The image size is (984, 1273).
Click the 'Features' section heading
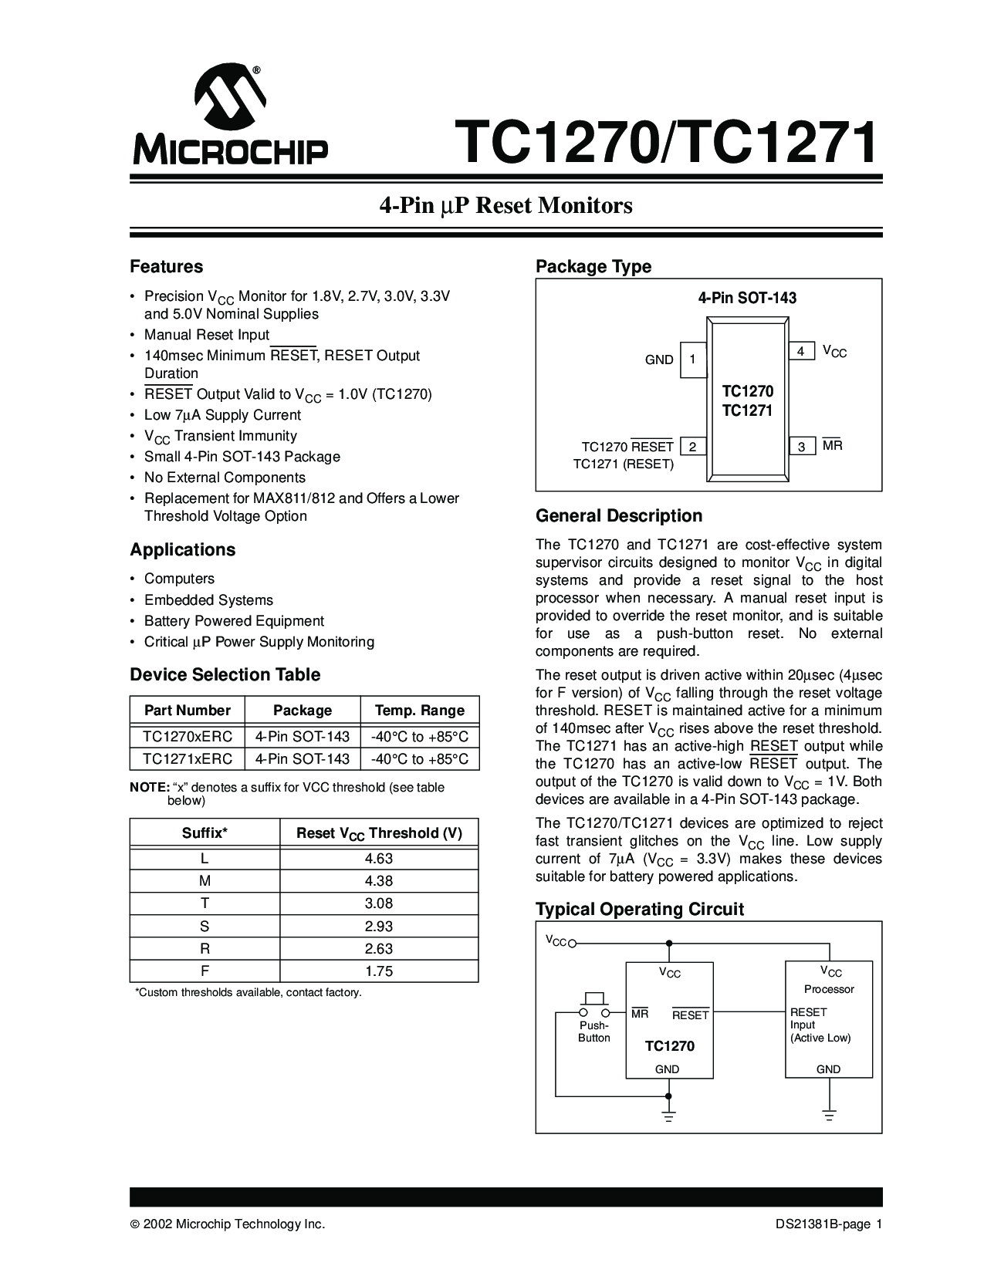pyautogui.click(x=166, y=267)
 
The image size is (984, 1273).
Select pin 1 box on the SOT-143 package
pyautogui.click(x=693, y=360)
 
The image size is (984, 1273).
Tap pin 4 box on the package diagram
pyautogui.click(x=801, y=352)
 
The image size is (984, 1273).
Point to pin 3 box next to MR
pyautogui.click(x=801, y=447)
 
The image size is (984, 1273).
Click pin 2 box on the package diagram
pyautogui.click(x=693, y=447)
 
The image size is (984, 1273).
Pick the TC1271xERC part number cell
pyautogui.click(x=188, y=759)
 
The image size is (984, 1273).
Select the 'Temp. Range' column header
pyautogui.click(x=419, y=711)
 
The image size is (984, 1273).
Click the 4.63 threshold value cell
pyautogui.click(x=379, y=859)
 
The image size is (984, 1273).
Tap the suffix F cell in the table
pyautogui.click(x=205, y=971)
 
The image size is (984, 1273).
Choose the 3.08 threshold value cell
pyautogui.click(x=379, y=903)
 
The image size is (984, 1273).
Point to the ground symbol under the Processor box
pyautogui.click(x=829, y=1116)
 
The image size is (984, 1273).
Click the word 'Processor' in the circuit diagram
pyautogui.click(x=829, y=989)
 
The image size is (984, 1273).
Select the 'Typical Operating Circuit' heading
pyautogui.click(x=640, y=910)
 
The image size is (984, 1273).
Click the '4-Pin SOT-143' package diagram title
pyautogui.click(x=747, y=299)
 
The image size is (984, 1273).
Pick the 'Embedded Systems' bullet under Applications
pyautogui.click(x=208, y=600)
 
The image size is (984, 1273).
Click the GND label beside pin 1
pyautogui.click(x=659, y=360)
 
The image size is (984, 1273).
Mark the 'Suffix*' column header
pyautogui.click(x=205, y=833)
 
